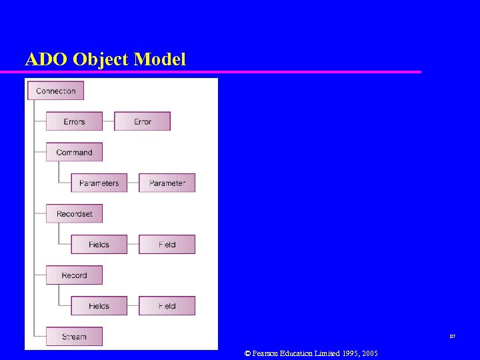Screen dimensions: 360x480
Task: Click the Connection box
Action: pyautogui.click(x=55, y=91)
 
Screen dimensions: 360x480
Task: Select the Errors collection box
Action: pyautogui.click(x=74, y=121)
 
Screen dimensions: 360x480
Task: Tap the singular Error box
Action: pyautogui.click(x=143, y=121)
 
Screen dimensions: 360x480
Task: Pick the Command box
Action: pyautogui.click(x=74, y=152)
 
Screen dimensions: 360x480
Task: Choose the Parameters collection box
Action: pyautogui.click(x=99, y=183)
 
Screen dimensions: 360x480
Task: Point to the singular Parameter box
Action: pyautogui.click(x=167, y=183)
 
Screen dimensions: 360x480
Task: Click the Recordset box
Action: pyautogui.click(x=74, y=213)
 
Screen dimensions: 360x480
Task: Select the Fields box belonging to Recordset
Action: pyautogui.click(x=99, y=244)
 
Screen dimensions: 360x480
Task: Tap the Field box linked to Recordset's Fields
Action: pyautogui.click(x=167, y=244)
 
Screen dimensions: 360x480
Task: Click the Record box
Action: pyautogui.click(x=74, y=275)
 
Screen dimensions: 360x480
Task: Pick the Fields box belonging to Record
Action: pyautogui.click(x=99, y=305)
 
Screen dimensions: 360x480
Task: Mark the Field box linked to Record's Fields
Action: pyautogui.click(x=167, y=305)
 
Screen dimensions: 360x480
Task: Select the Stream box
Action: pyautogui.click(x=74, y=336)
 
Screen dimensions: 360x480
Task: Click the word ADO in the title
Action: pyautogui.click(x=46, y=59)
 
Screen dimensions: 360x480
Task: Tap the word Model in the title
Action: pyautogui.click(x=159, y=59)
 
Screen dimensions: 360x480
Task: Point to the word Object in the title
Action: pyautogui.click(x=100, y=59)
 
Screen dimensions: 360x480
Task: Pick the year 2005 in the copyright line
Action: pyautogui.click(x=367, y=353)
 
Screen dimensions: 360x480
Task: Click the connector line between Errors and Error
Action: pyautogui.click(x=109, y=121)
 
